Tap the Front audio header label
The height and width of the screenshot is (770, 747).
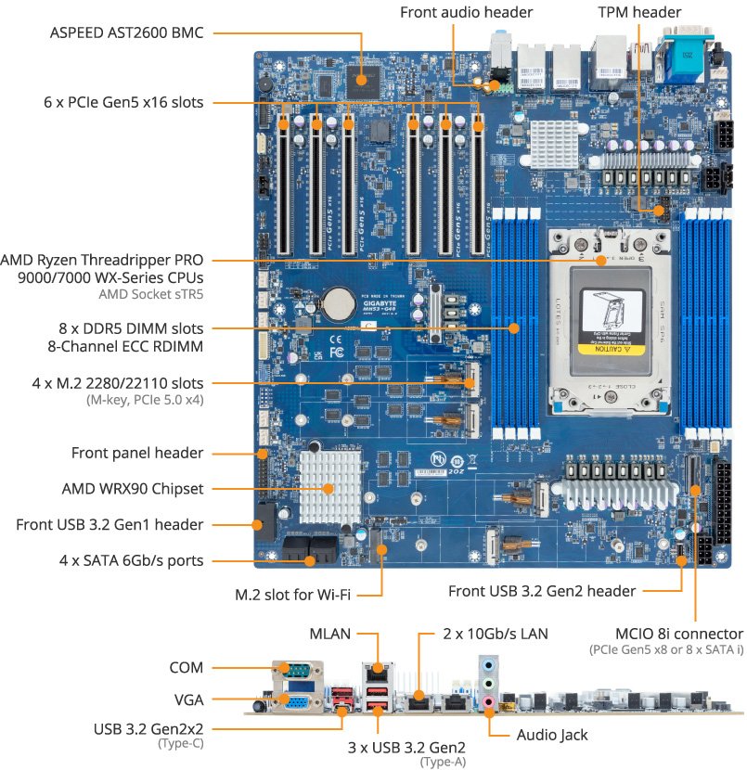click(466, 12)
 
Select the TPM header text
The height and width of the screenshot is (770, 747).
click(639, 12)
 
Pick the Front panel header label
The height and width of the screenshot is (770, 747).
click(137, 453)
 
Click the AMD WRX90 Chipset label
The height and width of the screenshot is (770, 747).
click(132, 488)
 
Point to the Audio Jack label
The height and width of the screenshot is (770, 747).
click(551, 735)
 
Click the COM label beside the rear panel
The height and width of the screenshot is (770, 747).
click(187, 667)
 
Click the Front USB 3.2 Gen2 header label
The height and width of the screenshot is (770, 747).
click(542, 591)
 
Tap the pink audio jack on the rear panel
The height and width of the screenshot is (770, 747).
click(488, 702)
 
